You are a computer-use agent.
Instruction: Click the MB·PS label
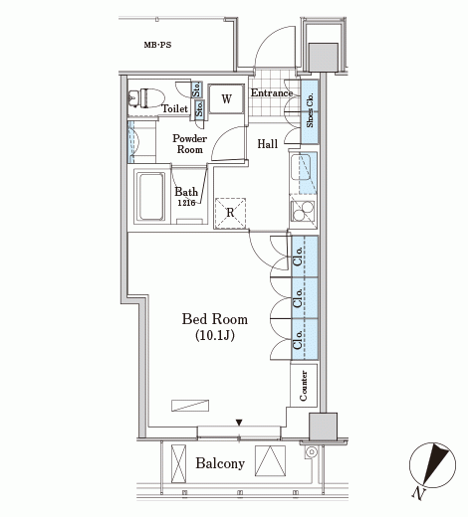[x=157, y=45]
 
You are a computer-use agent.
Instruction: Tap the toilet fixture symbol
[x=146, y=98]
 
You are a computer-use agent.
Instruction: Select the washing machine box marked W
[x=226, y=98]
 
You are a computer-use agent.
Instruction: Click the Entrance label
[x=272, y=93]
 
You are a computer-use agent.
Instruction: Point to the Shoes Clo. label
[x=310, y=110]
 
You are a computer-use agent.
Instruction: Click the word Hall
[x=268, y=144]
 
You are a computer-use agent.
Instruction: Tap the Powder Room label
[x=189, y=144]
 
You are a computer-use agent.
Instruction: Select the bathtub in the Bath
[x=151, y=196]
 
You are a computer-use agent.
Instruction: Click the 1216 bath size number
[x=186, y=203]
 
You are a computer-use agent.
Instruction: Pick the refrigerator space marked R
[x=230, y=213]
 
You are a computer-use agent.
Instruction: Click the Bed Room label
[x=215, y=319]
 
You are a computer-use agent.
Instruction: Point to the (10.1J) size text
[x=215, y=335]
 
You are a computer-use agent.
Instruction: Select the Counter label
[x=304, y=386]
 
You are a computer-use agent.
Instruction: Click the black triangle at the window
[x=239, y=423]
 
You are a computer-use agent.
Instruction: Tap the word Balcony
[x=220, y=463]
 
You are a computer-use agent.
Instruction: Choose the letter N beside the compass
[x=419, y=493]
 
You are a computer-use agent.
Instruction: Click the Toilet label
[x=174, y=108]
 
